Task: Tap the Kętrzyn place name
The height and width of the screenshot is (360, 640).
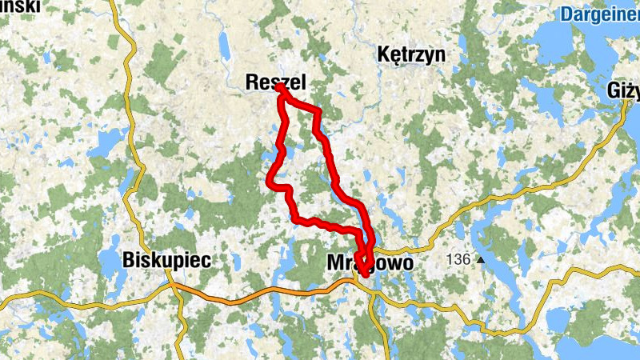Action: (x=410, y=55)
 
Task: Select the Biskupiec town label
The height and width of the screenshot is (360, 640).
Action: (x=166, y=260)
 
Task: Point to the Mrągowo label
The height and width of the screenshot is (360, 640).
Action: (x=370, y=262)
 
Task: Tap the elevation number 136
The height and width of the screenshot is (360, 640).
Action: (x=458, y=259)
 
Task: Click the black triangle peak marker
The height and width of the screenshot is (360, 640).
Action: (x=481, y=260)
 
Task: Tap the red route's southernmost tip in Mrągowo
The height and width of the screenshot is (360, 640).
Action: (x=365, y=274)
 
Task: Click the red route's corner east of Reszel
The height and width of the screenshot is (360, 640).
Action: (x=318, y=111)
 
